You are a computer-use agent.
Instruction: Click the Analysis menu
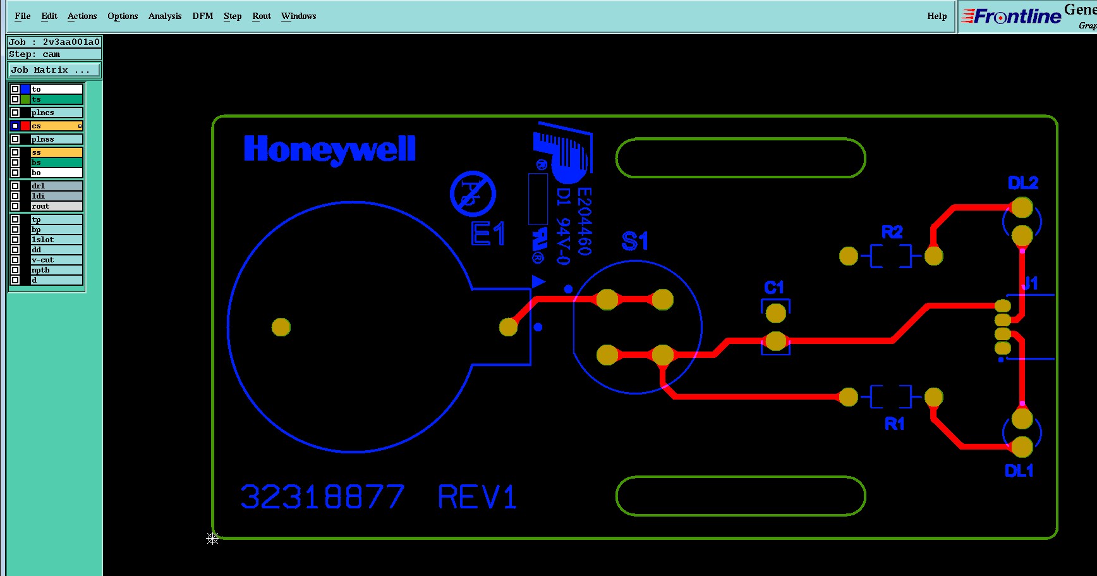coord(164,16)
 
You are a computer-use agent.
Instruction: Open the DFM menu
coord(202,16)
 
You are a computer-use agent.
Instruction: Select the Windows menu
coord(298,16)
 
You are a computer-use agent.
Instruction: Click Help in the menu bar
coord(936,16)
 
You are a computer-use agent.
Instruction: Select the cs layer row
coord(56,126)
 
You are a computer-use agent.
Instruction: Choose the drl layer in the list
coord(56,186)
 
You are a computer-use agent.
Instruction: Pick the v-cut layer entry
coord(56,260)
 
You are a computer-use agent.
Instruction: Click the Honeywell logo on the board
coord(329,150)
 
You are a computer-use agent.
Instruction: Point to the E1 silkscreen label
coord(488,234)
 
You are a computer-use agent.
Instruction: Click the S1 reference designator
coord(634,241)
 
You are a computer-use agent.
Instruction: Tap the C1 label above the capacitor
coord(773,288)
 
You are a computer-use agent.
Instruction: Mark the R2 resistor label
coord(892,233)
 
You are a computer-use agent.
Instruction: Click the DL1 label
coord(1019,471)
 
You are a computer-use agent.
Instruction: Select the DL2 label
coord(1023,183)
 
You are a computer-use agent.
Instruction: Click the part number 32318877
coord(322,497)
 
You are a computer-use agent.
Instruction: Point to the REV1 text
coord(477,497)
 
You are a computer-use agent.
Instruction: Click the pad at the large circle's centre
coord(281,327)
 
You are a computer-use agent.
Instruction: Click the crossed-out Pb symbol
coord(473,193)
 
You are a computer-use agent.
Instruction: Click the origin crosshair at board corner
coord(212,539)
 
